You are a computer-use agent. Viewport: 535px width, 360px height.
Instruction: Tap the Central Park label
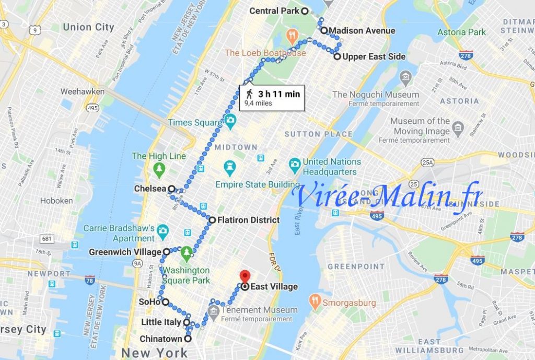click(x=274, y=11)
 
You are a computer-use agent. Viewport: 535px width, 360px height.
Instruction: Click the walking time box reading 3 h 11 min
click(x=272, y=97)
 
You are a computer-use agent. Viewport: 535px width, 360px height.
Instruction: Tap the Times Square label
click(x=194, y=123)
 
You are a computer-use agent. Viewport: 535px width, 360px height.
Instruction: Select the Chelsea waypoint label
click(x=149, y=189)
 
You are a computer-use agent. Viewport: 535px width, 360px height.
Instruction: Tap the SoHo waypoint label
click(x=149, y=302)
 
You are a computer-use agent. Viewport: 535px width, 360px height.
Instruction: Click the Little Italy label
click(x=161, y=322)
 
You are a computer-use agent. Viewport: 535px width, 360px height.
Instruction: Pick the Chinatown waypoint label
click(x=161, y=339)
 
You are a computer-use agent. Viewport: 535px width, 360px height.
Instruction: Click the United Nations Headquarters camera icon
click(x=295, y=164)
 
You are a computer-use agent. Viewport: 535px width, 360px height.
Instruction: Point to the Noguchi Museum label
click(x=376, y=95)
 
